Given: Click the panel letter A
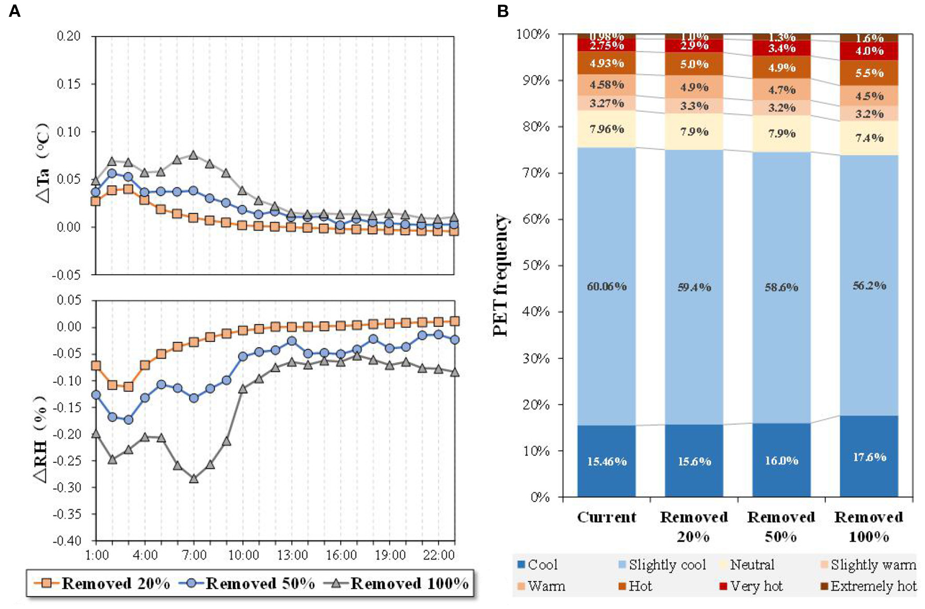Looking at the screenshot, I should (15, 10).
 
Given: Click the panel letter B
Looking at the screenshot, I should (503, 10).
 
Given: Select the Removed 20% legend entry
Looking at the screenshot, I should (102, 583).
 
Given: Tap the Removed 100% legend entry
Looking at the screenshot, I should (397, 583).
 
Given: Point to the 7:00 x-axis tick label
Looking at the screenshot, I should (194, 555).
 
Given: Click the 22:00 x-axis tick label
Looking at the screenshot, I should (438, 555).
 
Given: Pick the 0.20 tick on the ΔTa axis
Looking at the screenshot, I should (69, 36).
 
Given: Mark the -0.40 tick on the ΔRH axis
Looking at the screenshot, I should (67, 541).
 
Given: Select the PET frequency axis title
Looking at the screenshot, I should (500, 275).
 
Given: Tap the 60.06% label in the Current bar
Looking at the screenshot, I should (607, 286).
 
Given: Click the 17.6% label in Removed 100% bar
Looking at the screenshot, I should (869, 458).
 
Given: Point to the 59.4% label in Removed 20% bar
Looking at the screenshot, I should (694, 287).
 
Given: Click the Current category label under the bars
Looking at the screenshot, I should (607, 517).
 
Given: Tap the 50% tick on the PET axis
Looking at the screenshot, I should (536, 265).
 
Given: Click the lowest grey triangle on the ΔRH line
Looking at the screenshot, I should (194, 478).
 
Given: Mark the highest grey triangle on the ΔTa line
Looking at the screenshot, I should (193, 155).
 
